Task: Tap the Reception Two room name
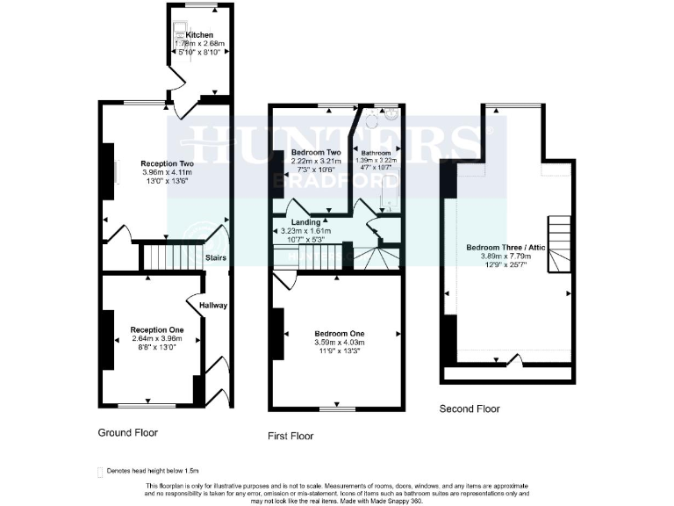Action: tap(167, 163)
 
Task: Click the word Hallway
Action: tap(213, 306)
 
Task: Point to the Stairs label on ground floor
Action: tap(216, 258)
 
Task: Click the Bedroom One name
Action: tap(339, 334)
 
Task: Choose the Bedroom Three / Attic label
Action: tap(504, 247)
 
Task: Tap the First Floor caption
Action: tap(290, 436)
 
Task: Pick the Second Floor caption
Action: tap(470, 408)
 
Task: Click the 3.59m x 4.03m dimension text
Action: tap(339, 343)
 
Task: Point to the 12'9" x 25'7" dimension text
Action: tap(504, 264)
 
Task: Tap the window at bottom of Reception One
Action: tap(140, 405)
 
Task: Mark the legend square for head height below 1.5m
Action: tap(99, 472)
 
